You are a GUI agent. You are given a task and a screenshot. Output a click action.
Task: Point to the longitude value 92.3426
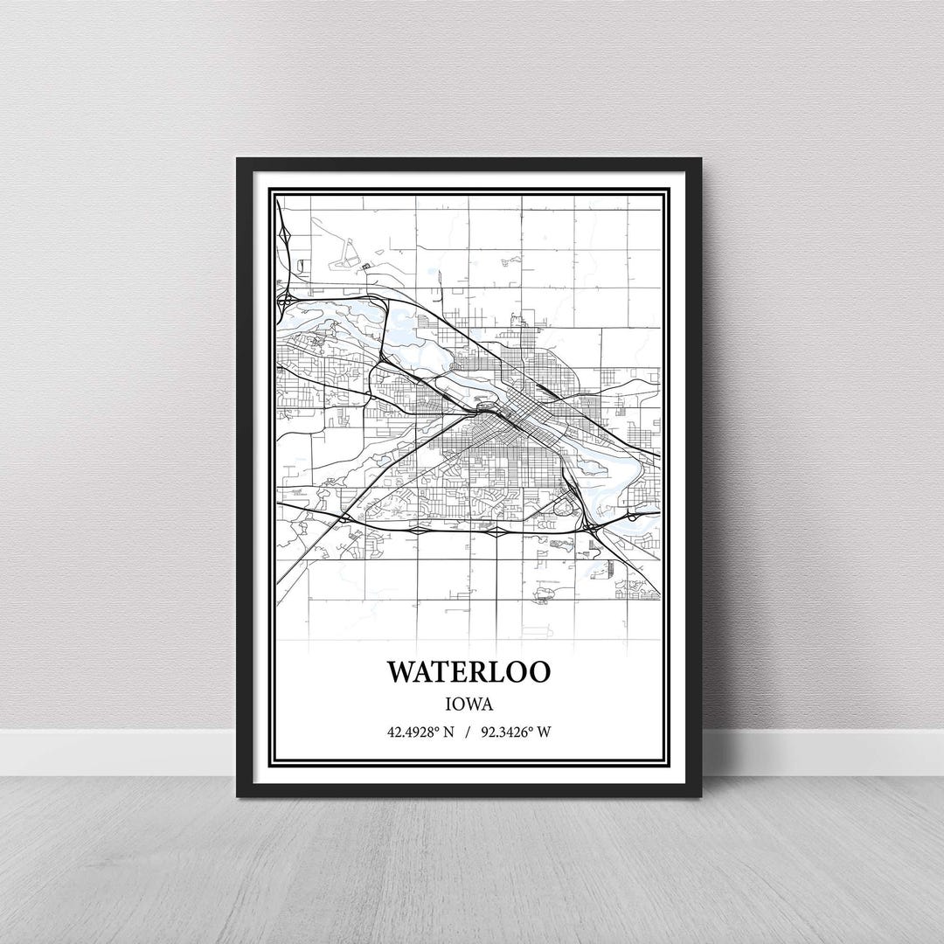(512, 732)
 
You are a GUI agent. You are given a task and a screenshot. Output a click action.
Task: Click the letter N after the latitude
(448, 732)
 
